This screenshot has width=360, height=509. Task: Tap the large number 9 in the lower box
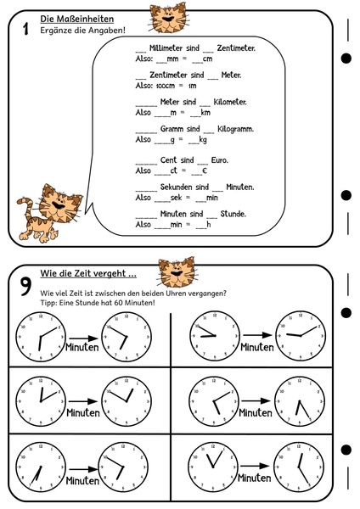tap(26, 285)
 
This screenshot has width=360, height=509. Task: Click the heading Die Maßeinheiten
tap(77, 19)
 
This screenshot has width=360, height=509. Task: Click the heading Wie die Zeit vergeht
tap(88, 275)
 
